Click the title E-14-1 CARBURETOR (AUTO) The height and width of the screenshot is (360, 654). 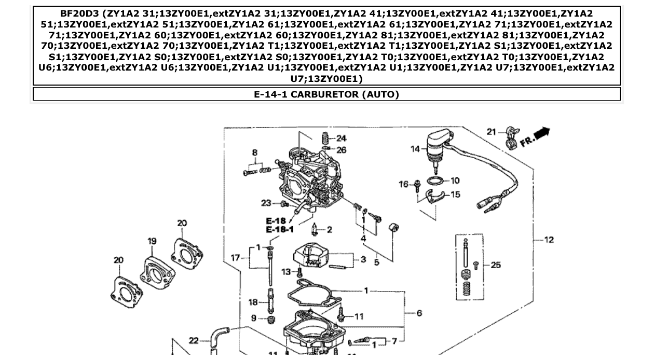(x=326, y=94)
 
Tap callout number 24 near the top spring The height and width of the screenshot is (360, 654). (x=341, y=139)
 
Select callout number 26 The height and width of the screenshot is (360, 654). (x=341, y=150)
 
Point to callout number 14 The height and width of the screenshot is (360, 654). (x=415, y=149)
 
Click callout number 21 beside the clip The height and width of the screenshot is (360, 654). (x=492, y=132)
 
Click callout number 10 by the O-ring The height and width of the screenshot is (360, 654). (x=455, y=181)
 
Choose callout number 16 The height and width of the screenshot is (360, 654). (x=404, y=184)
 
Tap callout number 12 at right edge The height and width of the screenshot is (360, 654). (x=549, y=240)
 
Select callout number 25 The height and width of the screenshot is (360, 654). (x=496, y=265)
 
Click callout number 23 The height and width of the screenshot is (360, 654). (x=266, y=203)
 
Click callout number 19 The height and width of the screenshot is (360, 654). (x=152, y=241)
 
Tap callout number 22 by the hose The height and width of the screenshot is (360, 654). (x=194, y=340)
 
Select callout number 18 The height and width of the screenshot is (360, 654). (x=253, y=302)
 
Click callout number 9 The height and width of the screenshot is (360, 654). (x=254, y=318)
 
